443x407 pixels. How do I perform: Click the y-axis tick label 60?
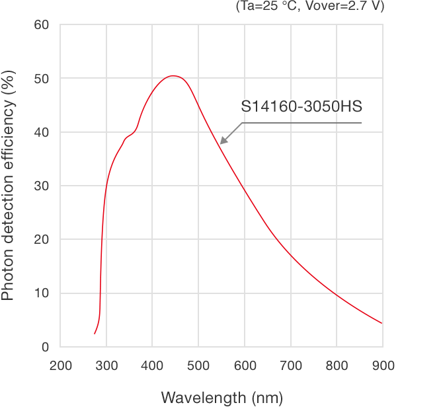coord(41,25)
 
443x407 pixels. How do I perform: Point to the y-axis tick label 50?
coord(41,79)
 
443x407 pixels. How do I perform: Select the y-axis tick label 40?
coord(41,132)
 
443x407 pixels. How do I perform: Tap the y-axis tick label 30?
coord(41,186)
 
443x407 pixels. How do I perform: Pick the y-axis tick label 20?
coord(41,240)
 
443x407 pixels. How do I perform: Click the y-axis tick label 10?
coord(41,293)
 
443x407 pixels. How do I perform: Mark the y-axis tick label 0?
coord(45,347)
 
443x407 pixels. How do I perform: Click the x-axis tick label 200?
coord(61,365)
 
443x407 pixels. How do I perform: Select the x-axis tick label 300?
coord(106,365)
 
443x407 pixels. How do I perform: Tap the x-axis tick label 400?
coord(153,365)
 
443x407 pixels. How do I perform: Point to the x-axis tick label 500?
coord(198,365)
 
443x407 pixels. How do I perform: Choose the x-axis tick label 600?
coord(245,365)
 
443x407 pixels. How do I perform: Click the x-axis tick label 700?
coord(291,365)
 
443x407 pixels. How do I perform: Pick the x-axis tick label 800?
coord(337,365)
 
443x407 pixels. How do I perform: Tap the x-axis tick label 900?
coord(383,365)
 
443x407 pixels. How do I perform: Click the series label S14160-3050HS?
coord(302,106)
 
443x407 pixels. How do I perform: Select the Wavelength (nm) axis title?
coord(221,397)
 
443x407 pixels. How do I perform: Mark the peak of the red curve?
coord(173,76)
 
